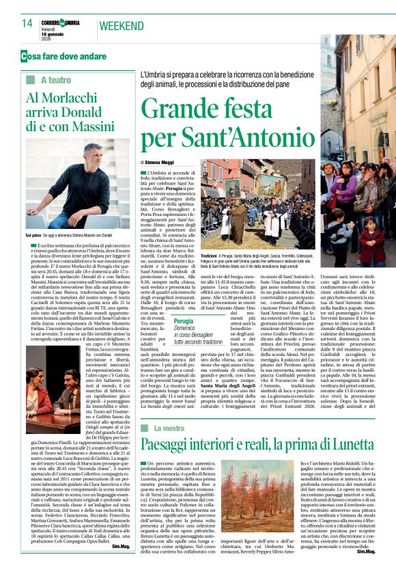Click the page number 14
tap(27, 23)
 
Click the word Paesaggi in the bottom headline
tap(170, 446)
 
